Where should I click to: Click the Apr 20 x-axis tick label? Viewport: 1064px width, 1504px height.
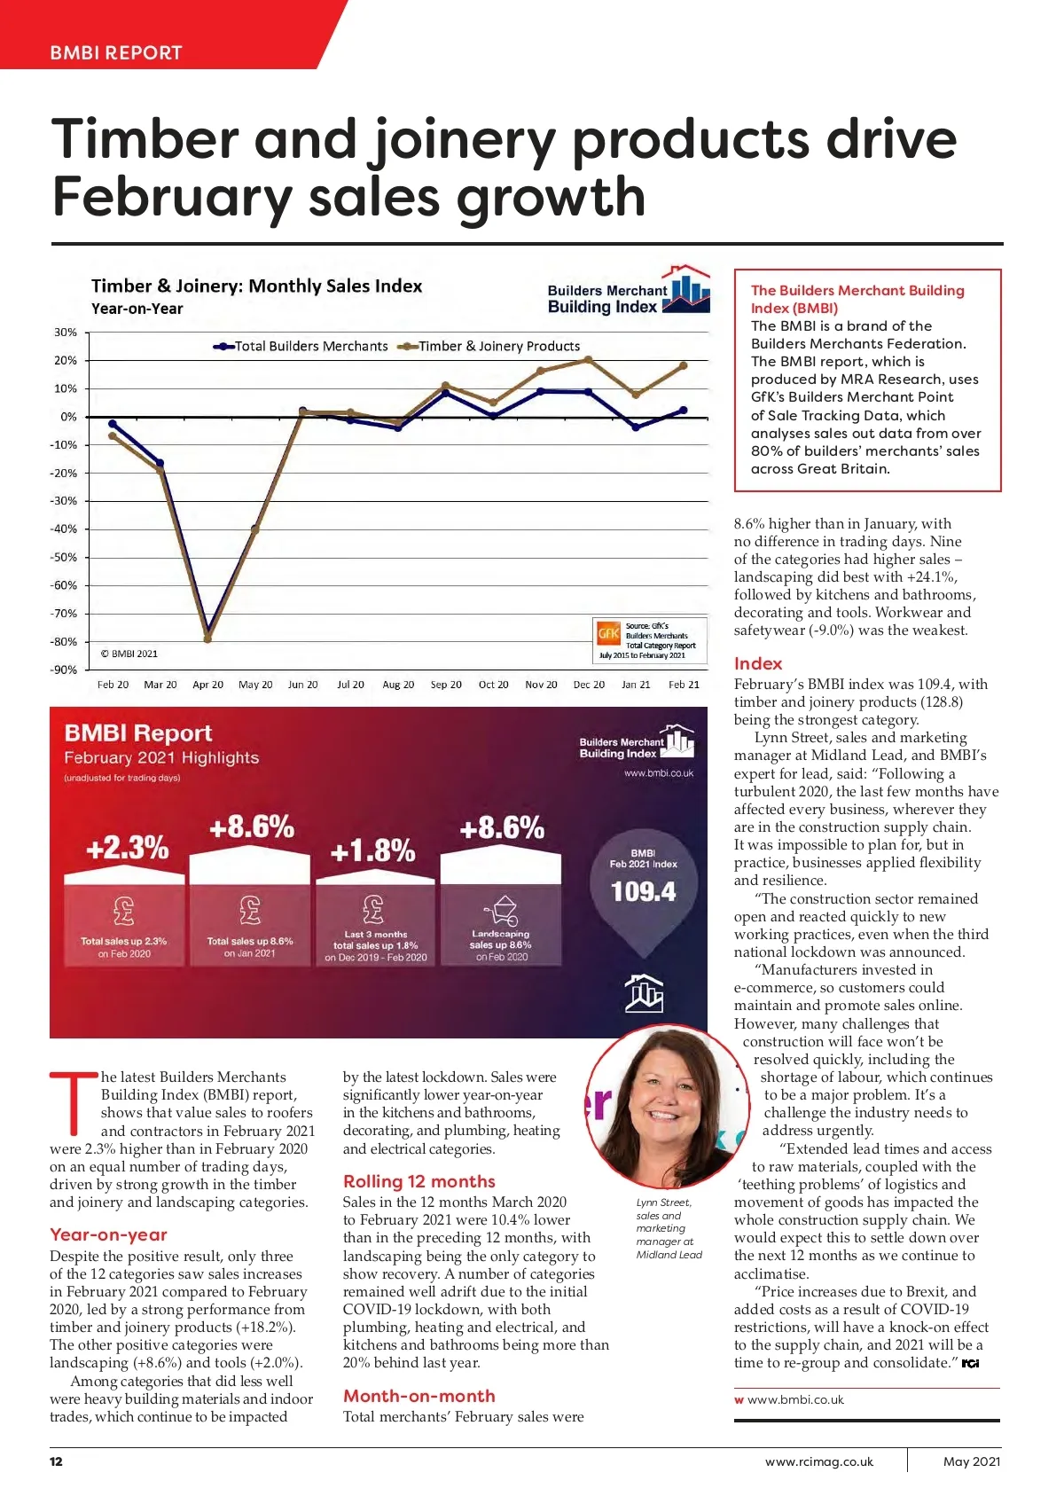207,685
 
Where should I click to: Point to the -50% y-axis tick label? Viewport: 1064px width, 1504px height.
64,557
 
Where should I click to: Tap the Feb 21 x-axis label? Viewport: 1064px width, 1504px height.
684,685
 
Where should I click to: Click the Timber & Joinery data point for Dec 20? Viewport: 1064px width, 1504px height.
588,359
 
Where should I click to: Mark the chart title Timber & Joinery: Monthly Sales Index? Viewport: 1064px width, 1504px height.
256,286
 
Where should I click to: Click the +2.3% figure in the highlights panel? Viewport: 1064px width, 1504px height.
127,848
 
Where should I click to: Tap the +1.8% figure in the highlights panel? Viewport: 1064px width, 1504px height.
372,851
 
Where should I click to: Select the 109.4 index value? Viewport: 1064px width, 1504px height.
643,891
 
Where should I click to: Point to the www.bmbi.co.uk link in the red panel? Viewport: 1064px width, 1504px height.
659,773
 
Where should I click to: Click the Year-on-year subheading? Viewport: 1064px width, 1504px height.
108,1234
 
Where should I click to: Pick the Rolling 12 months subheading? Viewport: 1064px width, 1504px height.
419,1181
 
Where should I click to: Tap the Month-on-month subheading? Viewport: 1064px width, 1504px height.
419,1396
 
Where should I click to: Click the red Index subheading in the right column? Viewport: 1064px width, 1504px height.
758,663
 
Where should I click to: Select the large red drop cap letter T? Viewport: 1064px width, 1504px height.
73,1103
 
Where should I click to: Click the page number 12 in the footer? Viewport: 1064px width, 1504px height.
56,1461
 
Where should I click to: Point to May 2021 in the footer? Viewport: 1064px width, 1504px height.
972,1461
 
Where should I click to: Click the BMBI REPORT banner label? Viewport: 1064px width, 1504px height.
116,52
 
